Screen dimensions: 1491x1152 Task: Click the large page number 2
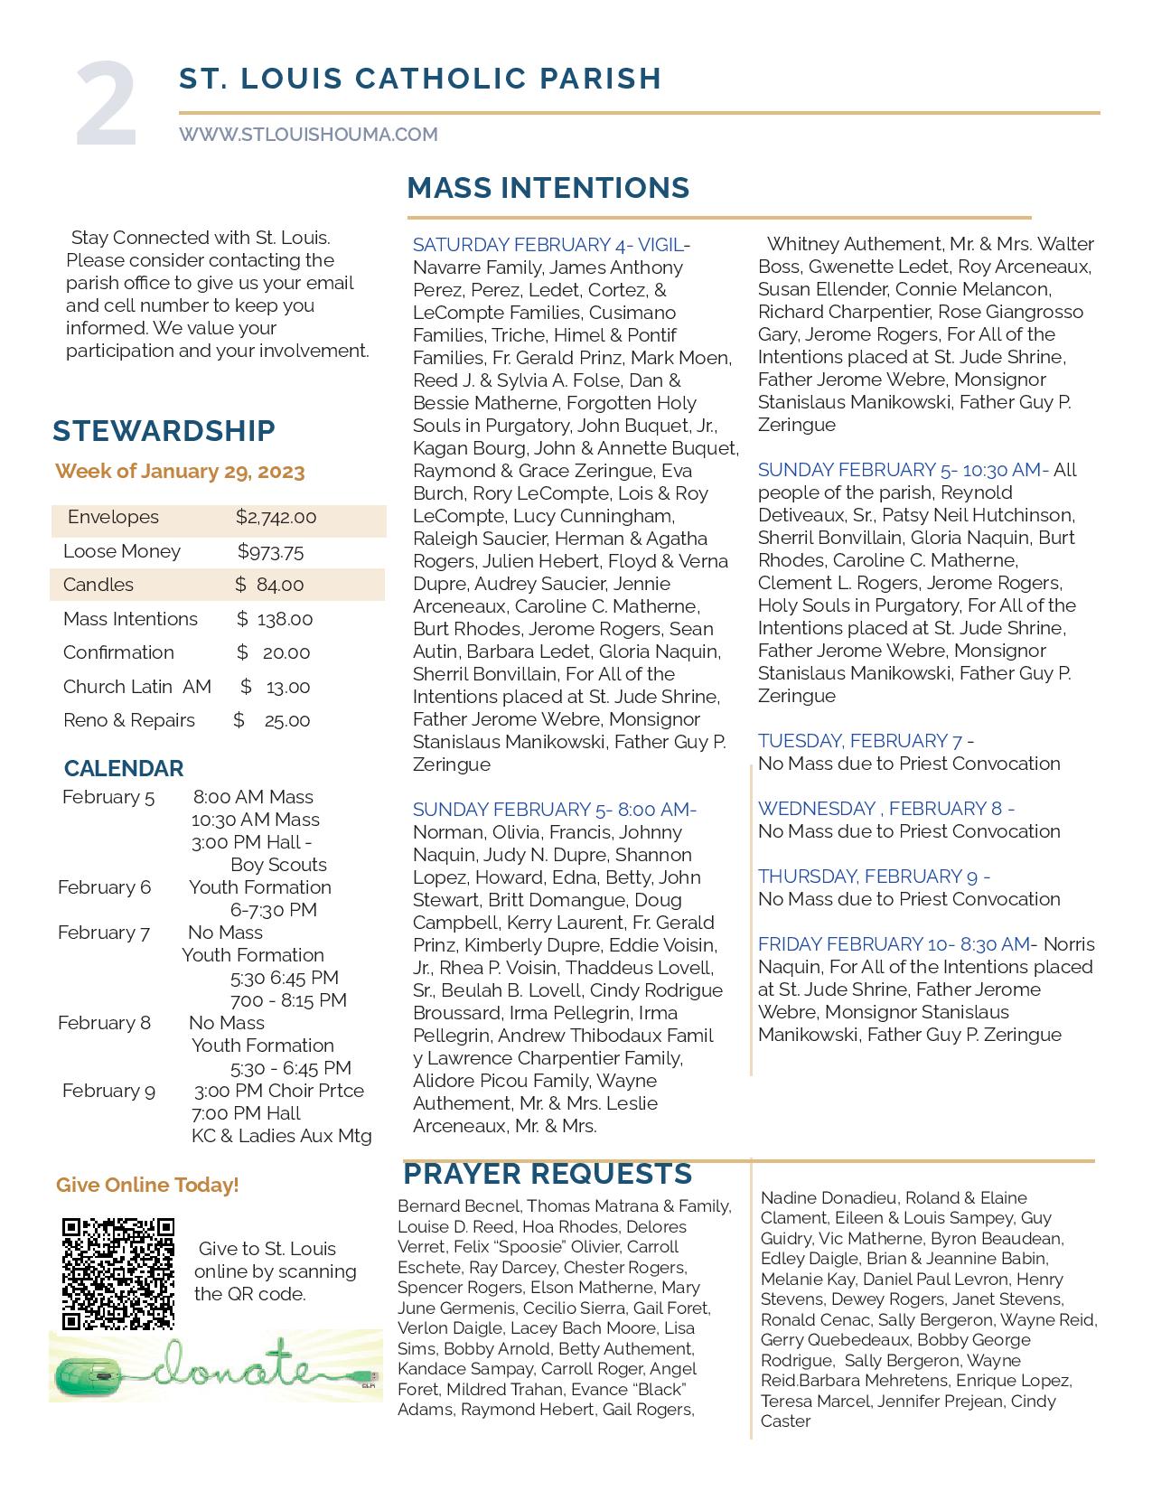pyautogui.click(x=106, y=105)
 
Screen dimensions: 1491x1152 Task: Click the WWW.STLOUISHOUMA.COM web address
pyautogui.click(x=308, y=135)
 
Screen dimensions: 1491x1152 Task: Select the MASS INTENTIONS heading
pyautogui.click(x=548, y=188)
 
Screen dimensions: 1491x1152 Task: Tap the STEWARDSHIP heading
pyautogui.click(x=164, y=431)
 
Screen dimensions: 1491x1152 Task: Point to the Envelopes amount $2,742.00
pyautogui.click(x=276, y=518)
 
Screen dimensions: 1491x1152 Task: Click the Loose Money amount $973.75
pyautogui.click(x=270, y=552)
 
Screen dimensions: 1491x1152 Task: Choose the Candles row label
pyautogui.click(x=98, y=585)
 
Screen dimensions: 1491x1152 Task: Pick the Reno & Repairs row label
pyautogui.click(x=129, y=720)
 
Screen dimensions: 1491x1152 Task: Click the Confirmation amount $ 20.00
pyautogui.click(x=273, y=652)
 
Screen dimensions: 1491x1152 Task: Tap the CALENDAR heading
pyautogui.click(x=124, y=768)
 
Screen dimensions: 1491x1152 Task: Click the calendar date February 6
pyautogui.click(x=104, y=887)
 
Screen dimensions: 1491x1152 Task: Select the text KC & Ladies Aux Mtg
pyautogui.click(x=281, y=1136)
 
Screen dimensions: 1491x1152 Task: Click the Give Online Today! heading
pyautogui.click(x=147, y=1185)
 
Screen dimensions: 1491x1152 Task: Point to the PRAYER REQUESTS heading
pyautogui.click(x=548, y=1174)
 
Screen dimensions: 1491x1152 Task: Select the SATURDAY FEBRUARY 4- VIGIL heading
pyautogui.click(x=548, y=245)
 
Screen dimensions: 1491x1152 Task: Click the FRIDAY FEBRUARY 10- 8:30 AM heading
pyautogui.click(x=894, y=944)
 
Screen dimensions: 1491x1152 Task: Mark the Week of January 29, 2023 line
pyautogui.click(x=180, y=472)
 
